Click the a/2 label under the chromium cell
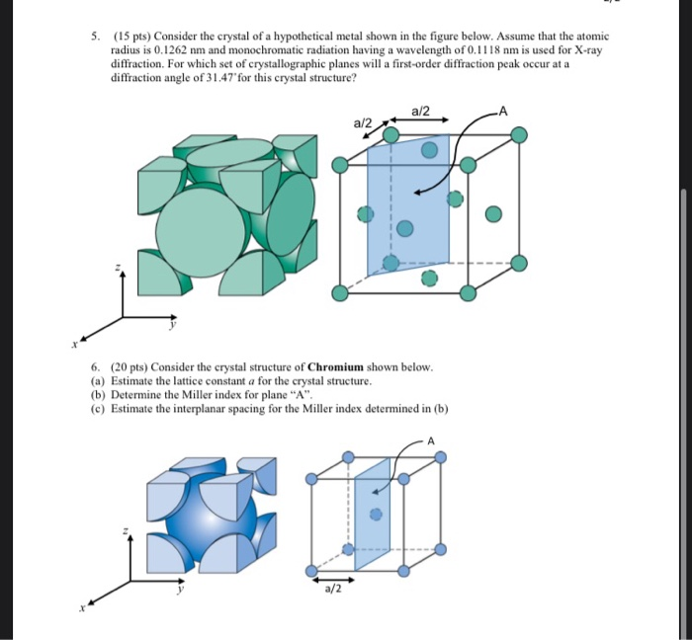click(332, 590)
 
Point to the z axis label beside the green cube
click(119, 269)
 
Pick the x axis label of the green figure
click(74, 345)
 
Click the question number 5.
click(94, 33)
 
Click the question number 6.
click(94, 366)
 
